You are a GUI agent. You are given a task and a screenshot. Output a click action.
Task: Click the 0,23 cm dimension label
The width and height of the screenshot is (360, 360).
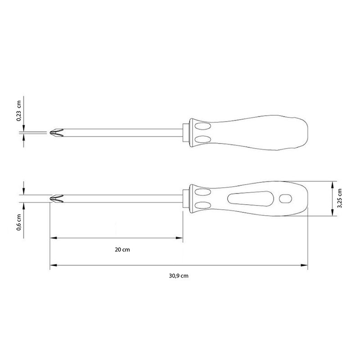19,111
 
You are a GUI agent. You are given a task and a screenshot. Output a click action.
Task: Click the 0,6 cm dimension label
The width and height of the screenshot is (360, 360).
19,222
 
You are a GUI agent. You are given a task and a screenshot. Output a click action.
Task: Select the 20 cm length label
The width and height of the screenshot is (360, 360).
122,250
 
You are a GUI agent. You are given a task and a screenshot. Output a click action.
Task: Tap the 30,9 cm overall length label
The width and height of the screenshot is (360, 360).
179,276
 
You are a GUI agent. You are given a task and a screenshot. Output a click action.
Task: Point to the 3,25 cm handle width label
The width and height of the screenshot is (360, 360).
340,198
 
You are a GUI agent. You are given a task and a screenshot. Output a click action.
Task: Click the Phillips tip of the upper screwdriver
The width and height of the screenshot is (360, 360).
57,132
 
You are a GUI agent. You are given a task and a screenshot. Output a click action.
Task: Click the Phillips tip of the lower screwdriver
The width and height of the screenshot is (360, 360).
57,198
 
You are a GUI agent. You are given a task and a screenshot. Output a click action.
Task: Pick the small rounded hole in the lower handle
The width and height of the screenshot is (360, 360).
285,199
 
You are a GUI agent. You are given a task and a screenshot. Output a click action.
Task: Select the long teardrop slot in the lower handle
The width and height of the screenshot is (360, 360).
251,198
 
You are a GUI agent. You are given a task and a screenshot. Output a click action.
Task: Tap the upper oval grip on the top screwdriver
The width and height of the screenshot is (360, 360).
203,126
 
